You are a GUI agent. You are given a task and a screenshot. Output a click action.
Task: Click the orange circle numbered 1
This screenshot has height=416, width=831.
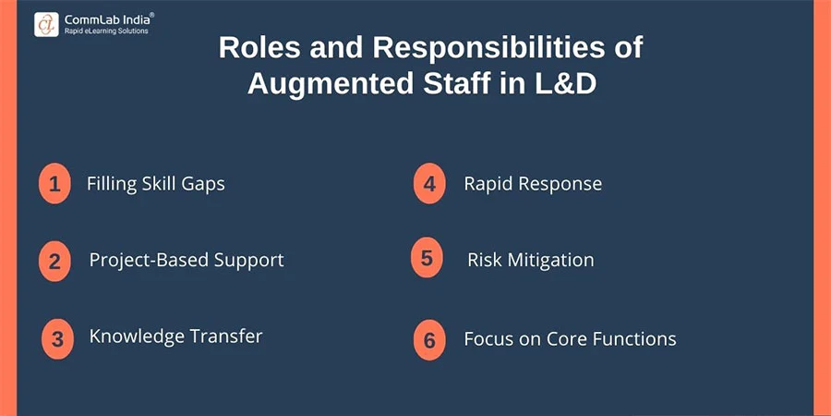click(x=54, y=183)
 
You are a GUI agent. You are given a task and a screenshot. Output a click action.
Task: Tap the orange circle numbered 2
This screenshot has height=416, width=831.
click(x=54, y=261)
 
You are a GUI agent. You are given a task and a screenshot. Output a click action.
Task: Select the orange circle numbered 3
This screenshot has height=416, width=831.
click(x=57, y=338)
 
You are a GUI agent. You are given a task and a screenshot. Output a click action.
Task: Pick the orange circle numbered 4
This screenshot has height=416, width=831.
click(x=429, y=184)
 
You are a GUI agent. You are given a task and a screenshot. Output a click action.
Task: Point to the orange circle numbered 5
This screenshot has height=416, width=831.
click(x=427, y=258)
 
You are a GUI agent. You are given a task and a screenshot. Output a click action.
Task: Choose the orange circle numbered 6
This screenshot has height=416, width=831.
click(x=428, y=339)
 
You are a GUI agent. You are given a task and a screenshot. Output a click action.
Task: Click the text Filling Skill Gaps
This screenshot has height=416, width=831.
click(x=156, y=183)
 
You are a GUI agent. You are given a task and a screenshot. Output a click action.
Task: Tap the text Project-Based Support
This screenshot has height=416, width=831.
click(x=187, y=260)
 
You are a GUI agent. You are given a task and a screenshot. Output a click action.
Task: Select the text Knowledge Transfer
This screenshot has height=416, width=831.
click(x=175, y=336)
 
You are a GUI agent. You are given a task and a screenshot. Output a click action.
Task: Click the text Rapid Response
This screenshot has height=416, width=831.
click(x=533, y=183)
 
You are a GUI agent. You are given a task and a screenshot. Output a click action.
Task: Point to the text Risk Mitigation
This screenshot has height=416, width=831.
click(x=531, y=260)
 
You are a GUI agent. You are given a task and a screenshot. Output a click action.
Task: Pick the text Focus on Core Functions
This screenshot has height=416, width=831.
click(x=570, y=339)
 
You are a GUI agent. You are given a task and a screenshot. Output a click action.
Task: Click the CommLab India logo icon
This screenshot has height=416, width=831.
click(x=46, y=24)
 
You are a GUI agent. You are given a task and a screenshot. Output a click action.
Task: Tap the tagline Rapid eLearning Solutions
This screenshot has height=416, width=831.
click(x=106, y=31)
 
